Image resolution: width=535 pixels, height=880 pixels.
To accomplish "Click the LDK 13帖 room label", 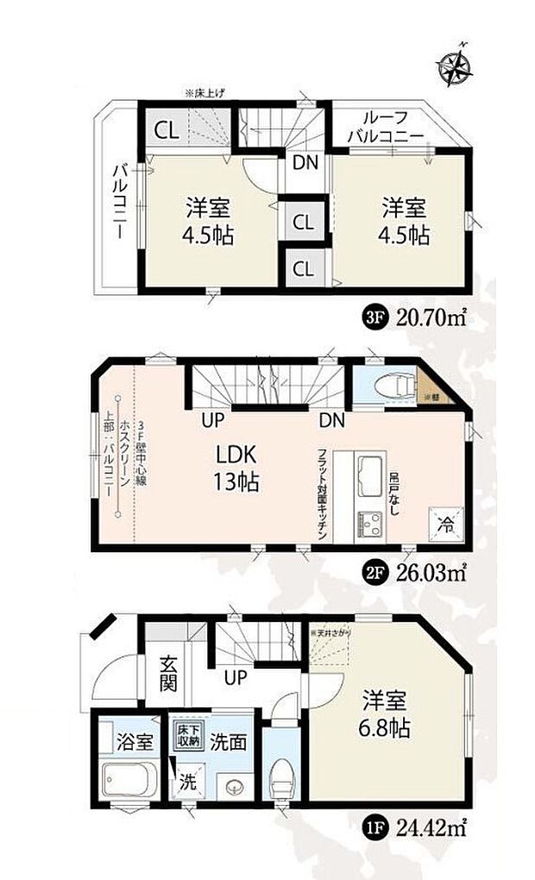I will click(232, 466).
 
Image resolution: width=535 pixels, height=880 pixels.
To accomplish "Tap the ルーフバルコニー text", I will click(385, 127).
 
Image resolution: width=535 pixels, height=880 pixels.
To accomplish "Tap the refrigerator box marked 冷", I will click(444, 520).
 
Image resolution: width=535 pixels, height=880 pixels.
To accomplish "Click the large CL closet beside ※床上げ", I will click(166, 130).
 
